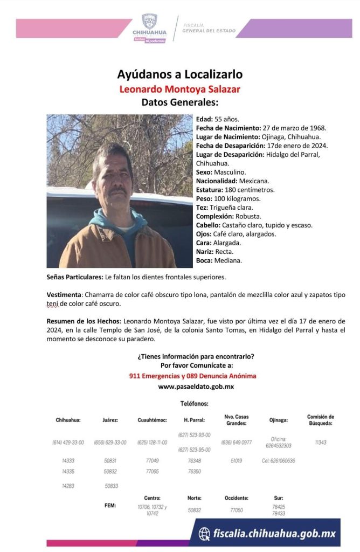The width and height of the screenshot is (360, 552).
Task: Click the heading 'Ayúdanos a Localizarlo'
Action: [x=180, y=74]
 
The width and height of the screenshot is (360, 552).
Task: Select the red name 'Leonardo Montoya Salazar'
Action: [x=180, y=88]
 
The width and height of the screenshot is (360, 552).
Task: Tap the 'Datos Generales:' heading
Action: [x=180, y=102]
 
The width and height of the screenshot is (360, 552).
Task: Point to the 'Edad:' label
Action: [x=204, y=119]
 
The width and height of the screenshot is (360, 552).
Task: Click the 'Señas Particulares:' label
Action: [x=74, y=277]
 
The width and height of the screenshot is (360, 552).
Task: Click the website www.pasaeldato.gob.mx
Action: [x=196, y=387]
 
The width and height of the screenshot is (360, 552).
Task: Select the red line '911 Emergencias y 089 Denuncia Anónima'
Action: [x=192, y=376]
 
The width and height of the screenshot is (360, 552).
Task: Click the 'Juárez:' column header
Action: [x=110, y=420]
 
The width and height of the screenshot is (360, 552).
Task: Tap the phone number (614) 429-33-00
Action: [x=68, y=443]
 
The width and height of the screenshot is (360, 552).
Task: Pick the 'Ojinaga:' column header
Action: [x=278, y=420]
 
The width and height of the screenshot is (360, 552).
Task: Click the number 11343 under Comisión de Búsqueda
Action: [x=321, y=442]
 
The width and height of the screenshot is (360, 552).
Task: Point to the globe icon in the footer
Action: [x=204, y=533]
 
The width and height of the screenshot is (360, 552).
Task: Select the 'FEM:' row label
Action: [x=110, y=506]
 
